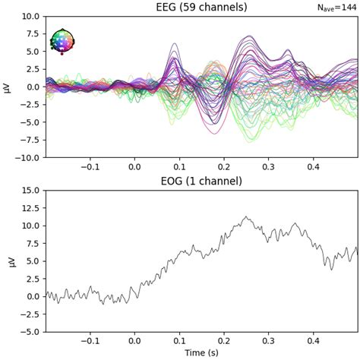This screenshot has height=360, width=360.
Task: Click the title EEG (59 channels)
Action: (201, 7)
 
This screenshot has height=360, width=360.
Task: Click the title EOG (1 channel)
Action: (201, 181)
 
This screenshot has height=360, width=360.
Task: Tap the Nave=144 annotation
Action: (338, 8)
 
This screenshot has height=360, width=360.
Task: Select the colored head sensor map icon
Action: (62, 42)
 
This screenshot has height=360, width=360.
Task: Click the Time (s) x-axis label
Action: (201, 353)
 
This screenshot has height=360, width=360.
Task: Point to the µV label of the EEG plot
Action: (8, 87)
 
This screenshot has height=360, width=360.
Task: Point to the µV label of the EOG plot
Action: (8, 261)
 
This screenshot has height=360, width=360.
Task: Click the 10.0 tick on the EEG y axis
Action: (30, 16)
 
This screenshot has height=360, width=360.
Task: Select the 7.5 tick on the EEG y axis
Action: (33, 33)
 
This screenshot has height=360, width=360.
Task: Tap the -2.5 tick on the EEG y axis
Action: (30, 105)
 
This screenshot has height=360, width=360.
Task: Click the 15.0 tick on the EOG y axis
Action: (30, 190)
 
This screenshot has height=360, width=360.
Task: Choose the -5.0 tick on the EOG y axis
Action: (30, 332)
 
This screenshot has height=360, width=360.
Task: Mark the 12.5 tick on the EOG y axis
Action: (30, 207)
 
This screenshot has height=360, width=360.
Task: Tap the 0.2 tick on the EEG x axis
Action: (224, 167)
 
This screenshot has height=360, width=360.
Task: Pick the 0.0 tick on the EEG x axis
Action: (135, 167)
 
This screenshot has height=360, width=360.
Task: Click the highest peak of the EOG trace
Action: (245, 216)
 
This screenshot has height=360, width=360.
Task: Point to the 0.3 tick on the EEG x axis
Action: (268, 167)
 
